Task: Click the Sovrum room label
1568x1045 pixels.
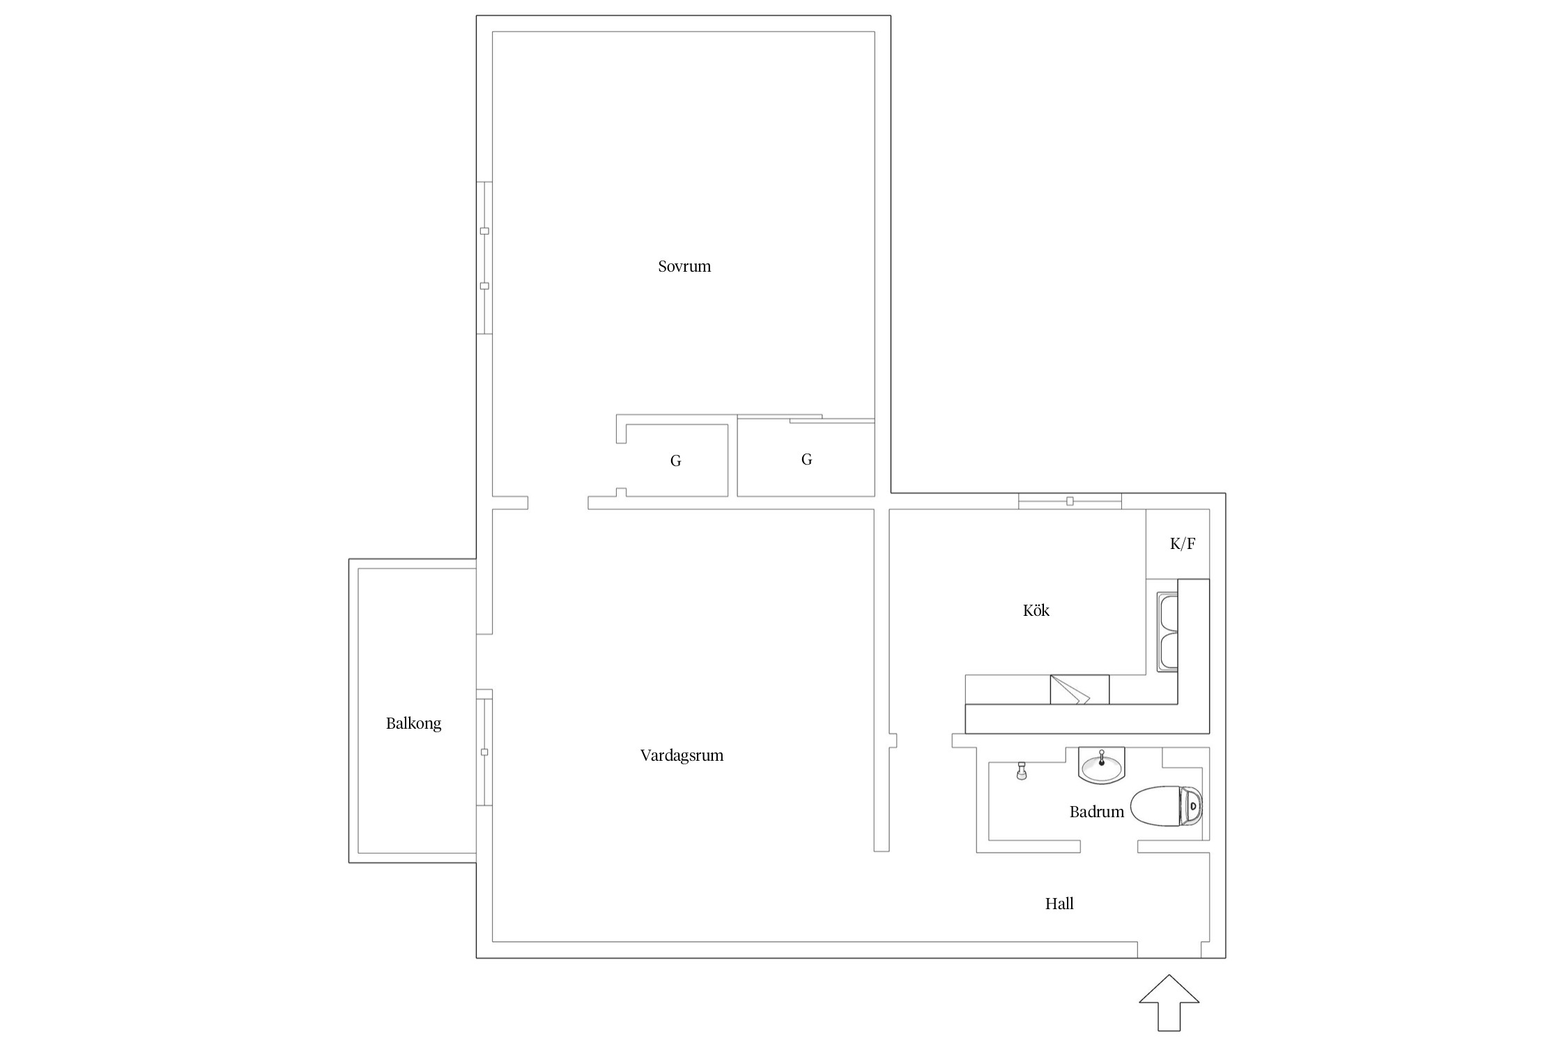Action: pyautogui.click(x=684, y=266)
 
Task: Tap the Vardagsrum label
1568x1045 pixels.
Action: pyautogui.click(x=682, y=756)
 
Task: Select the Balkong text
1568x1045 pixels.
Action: pyautogui.click(x=413, y=724)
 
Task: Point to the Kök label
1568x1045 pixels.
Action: pyautogui.click(x=1036, y=610)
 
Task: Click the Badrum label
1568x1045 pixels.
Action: pyautogui.click(x=1097, y=812)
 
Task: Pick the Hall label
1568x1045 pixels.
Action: pyautogui.click(x=1059, y=904)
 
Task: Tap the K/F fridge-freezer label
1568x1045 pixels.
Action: pyautogui.click(x=1183, y=544)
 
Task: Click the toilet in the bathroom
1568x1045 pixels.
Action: pyautogui.click(x=1167, y=807)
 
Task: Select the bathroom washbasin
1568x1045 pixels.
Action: pyautogui.click(x=1102, y=765)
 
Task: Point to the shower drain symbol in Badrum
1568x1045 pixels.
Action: pyautogui.click(x=1022, y=771)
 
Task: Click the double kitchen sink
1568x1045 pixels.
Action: pyautogui.click(x=1167, y=632)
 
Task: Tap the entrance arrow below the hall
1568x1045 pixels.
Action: pyautogui.click(x=1169, y=1003)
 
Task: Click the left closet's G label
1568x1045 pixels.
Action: pyautogui.click(x=675, y=461)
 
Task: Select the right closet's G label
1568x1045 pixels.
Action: pyautogui.click(x=806, y=459)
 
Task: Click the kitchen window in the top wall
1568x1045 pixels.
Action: pyautogui.click(x=1070, y=501)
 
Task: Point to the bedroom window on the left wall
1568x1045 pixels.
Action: pyautogui.click(x=484, y=258)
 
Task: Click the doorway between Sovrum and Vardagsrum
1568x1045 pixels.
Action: pyautogui.click(x=558, y=502)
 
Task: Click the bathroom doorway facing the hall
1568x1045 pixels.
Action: pyautogui.click(x=1109, y=846)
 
